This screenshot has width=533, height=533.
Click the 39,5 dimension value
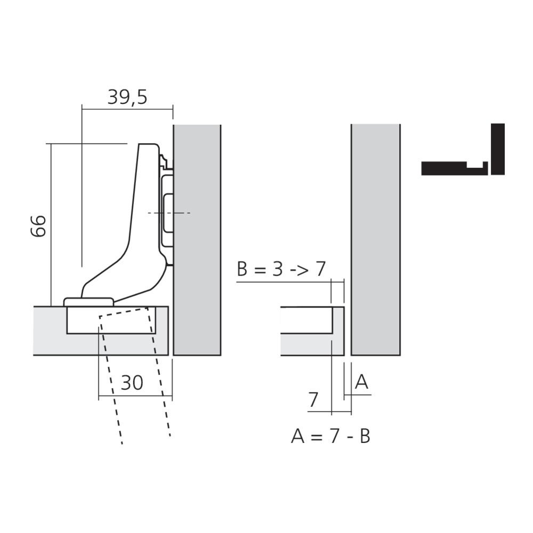[x=127, y=97]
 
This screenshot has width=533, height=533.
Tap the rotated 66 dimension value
[x=38, y=226]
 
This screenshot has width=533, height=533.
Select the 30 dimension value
[x=132, y=382]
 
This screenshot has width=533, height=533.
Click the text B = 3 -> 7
[x=281, y=269]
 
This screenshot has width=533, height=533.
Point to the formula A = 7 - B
[x=330, y=436]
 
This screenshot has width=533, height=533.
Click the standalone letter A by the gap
[x=361, y=382]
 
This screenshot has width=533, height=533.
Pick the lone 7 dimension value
[x=313, y=399]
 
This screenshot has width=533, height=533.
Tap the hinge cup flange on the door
[x=88, y=302]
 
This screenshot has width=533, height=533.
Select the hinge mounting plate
[x=167, y=213]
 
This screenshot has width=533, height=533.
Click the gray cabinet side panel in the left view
[x=197, y=240]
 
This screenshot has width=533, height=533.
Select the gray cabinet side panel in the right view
[x=375, y=240]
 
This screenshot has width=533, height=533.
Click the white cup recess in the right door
[x=306, y=320]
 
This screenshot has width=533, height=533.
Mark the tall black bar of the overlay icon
[x=497, y=149]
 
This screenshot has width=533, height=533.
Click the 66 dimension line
[x=51, y=224]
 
